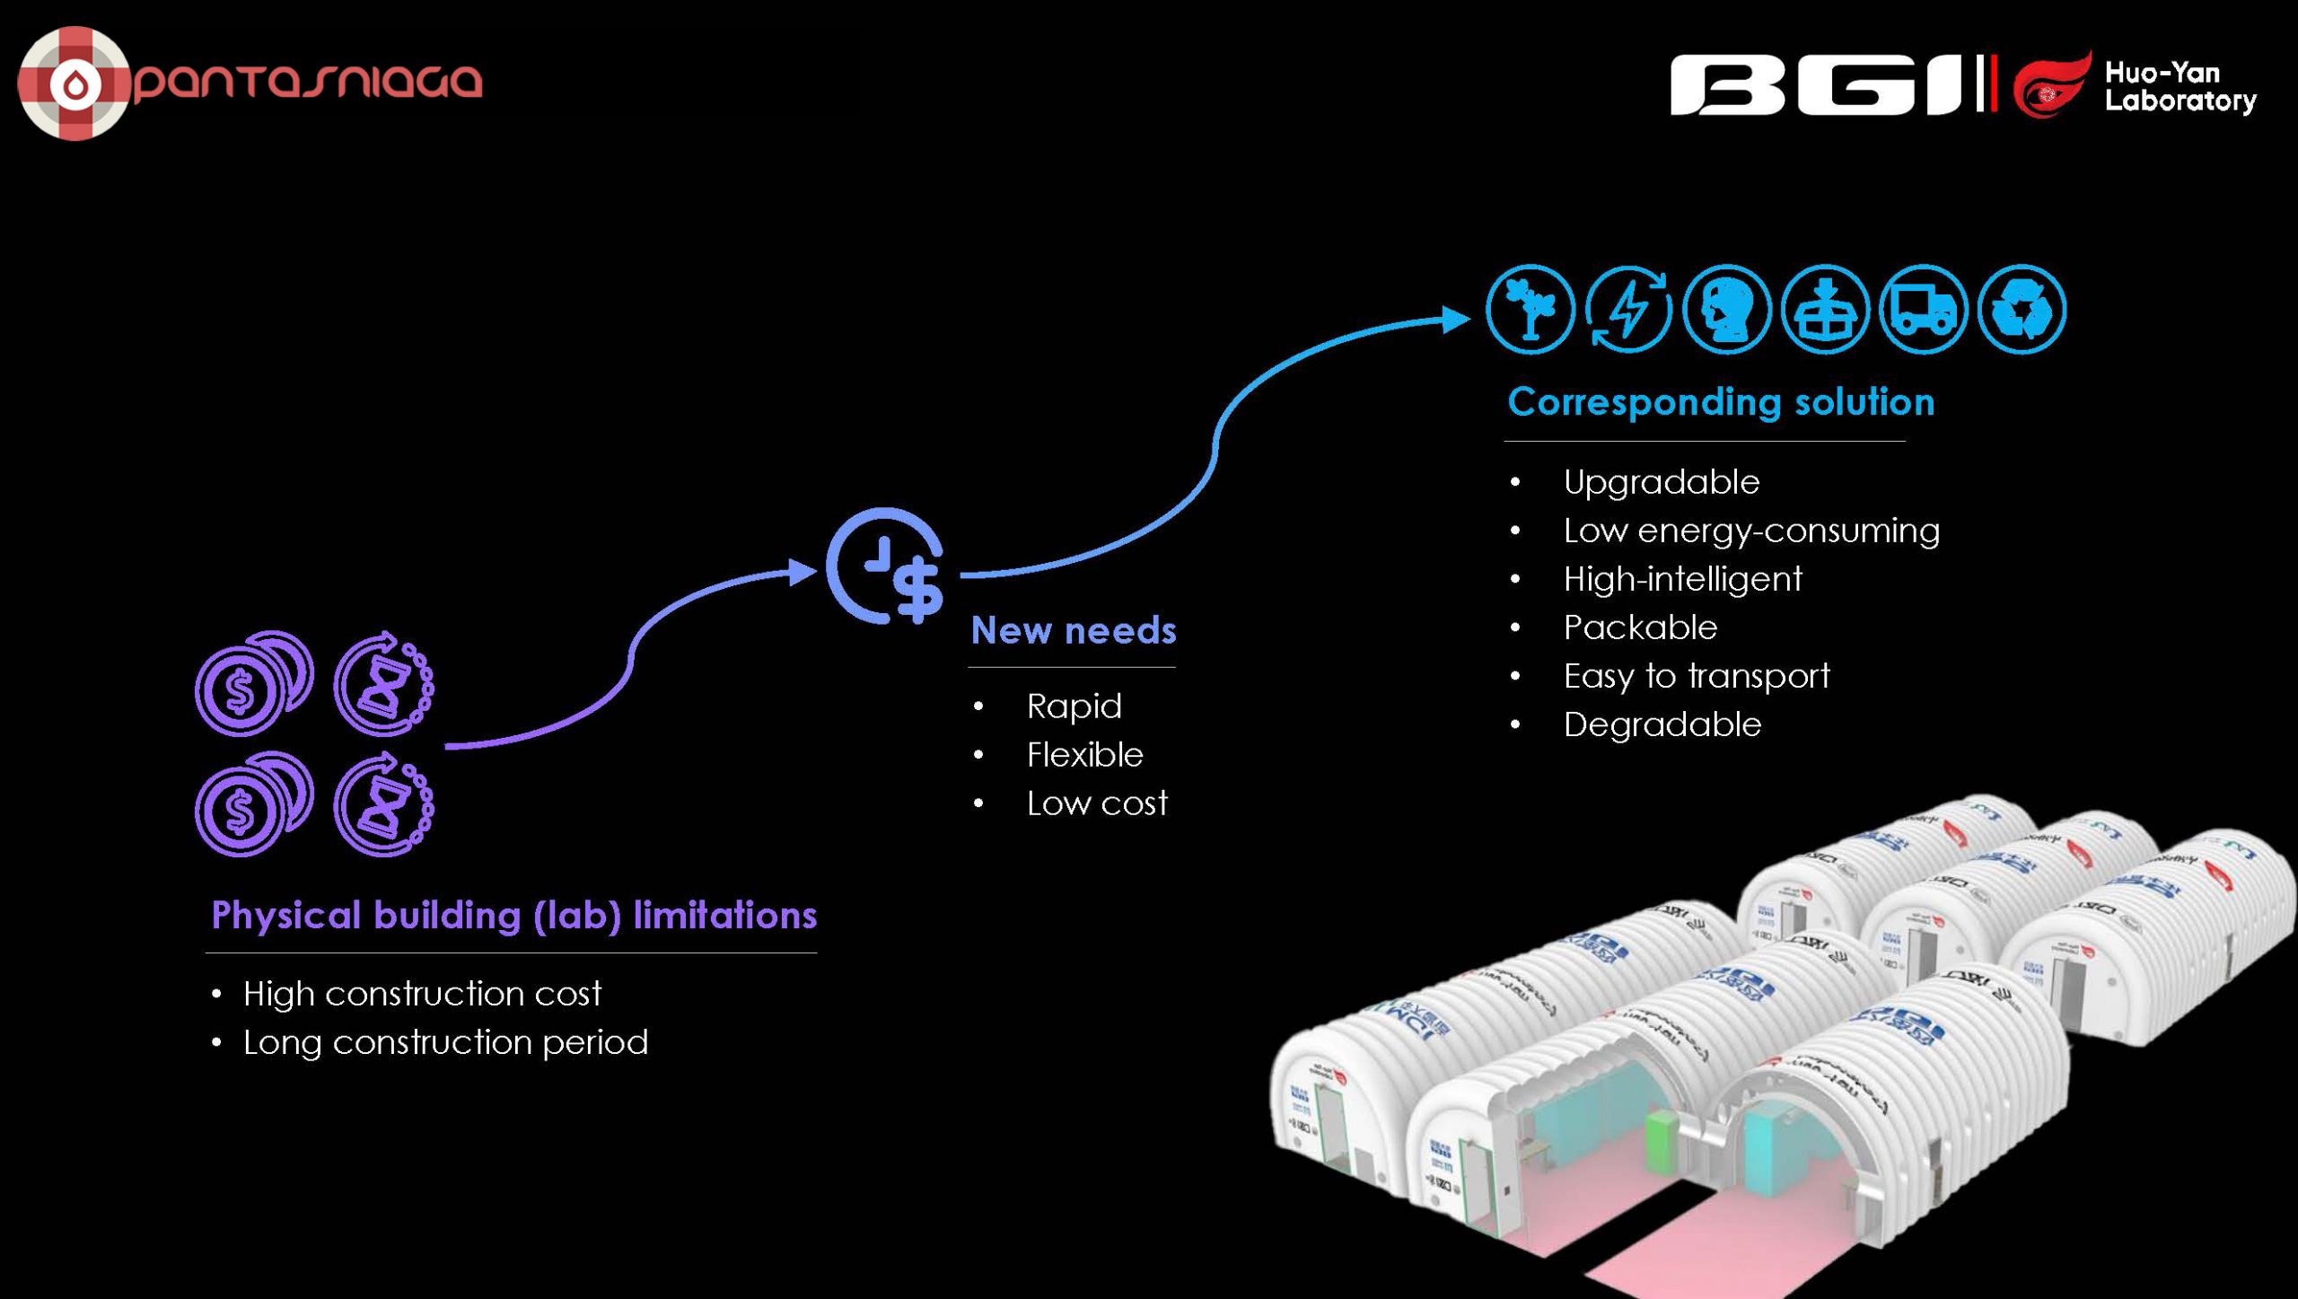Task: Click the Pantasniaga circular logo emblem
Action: [74, 83]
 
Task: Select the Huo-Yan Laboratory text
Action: [2179, 86]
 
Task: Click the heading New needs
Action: [1073, 630]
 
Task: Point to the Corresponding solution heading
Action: [1720, 401]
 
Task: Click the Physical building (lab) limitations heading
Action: [513, 915]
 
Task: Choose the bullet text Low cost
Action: [1096, 803]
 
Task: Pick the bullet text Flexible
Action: [1084, 754]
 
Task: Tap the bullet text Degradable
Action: [1662, 724]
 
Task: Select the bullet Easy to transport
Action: [1696, 675]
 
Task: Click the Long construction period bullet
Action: [445, 1041]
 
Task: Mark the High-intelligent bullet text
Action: [1682, 578]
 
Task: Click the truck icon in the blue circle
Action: [1923, 310]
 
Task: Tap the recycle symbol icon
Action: [2022, 310]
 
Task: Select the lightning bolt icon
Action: [1628, 310]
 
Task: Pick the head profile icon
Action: [1726, 310]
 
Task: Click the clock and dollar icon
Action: [887, 566]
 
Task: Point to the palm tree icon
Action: [1531, 310]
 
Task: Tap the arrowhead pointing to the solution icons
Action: [1455, 319]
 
